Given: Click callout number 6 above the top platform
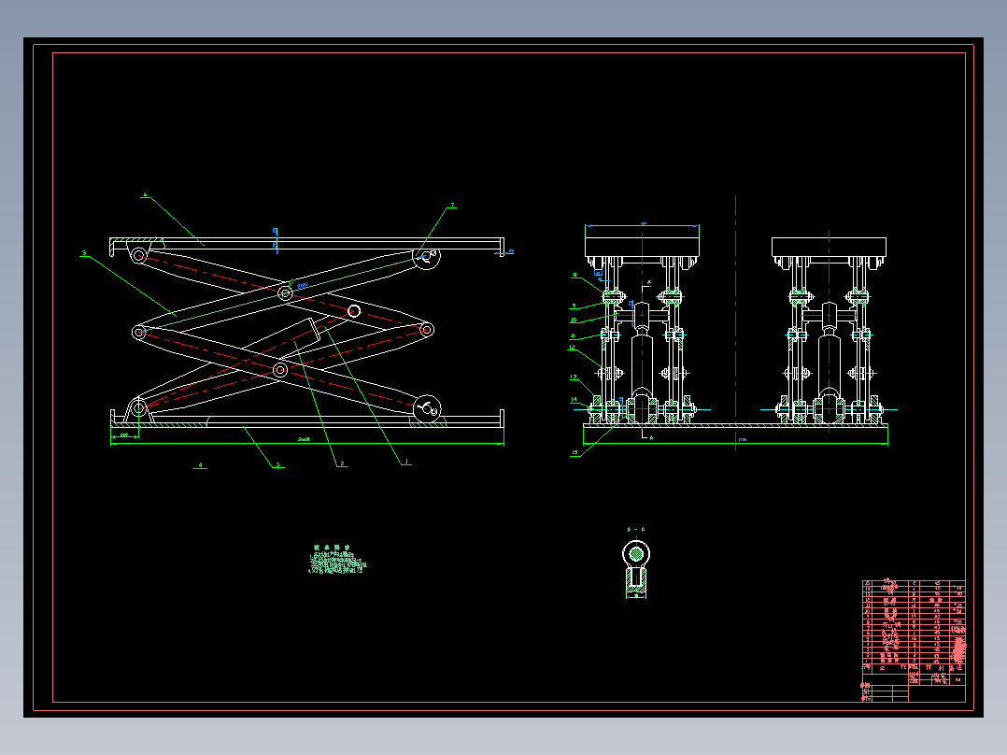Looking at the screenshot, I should (145, 195).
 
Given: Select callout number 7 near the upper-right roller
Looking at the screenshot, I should (452, 205).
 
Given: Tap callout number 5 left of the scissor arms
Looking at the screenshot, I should (84, 252).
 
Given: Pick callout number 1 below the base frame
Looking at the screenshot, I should (405, 462).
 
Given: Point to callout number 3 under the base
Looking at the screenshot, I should (277, 464).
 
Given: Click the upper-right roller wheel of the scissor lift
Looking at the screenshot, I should (427, 259).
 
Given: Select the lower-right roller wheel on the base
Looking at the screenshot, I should (427, 407).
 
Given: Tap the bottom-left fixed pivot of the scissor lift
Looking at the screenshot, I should (138, 407).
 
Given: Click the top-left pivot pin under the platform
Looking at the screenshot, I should (138, 255).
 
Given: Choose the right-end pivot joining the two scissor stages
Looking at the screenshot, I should (426, 329).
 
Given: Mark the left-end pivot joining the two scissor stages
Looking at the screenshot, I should (138, 332).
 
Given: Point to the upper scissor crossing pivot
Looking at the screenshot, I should (285, 293).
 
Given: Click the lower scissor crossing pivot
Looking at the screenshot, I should (280, 370).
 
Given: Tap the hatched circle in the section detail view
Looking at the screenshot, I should (636, 553).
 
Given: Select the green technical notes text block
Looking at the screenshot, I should (337, 563).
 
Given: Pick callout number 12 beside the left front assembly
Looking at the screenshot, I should (573, 348).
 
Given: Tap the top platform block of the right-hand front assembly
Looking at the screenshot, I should (829, 249).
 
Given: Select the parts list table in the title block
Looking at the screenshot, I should (913, 625).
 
